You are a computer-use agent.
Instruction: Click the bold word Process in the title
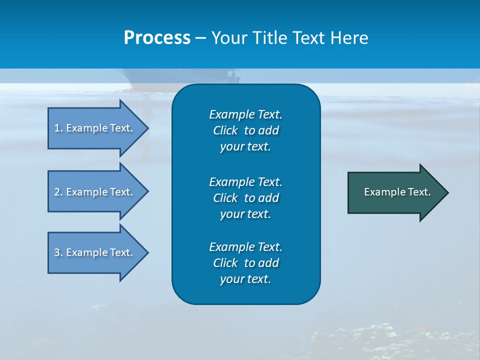coord(157,38)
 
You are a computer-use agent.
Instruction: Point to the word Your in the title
coord(229,38)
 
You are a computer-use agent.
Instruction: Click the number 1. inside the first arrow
coord(58,128)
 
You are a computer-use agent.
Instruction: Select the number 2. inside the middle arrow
coord(58,192)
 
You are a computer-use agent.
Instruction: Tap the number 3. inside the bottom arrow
coord(58,252)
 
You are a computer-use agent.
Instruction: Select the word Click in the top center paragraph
coord(225,130)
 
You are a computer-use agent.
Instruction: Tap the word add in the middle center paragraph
coord(268,198)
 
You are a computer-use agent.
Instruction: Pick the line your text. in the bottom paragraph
coord(245,279)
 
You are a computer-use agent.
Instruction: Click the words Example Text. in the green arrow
coord(397,192)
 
